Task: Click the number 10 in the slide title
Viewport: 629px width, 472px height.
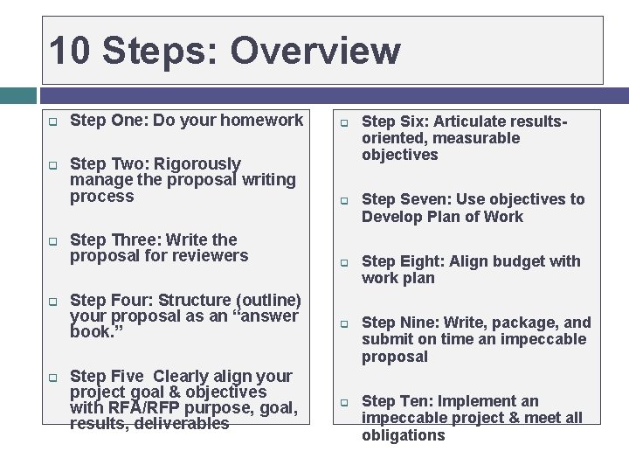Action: tap(71, 51)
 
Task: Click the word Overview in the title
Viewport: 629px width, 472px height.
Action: tap(315, 51)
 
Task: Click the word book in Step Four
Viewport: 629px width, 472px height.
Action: tap(88, 333)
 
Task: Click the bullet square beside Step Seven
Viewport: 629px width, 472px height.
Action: tap(344, 201)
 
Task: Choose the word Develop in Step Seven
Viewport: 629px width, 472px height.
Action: tap(391, 217)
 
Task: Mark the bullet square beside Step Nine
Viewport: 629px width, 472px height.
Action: tap(344, 324)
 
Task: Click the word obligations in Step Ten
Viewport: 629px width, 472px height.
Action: tap(403, 435)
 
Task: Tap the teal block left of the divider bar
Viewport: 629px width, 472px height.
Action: tap(18, 94)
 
